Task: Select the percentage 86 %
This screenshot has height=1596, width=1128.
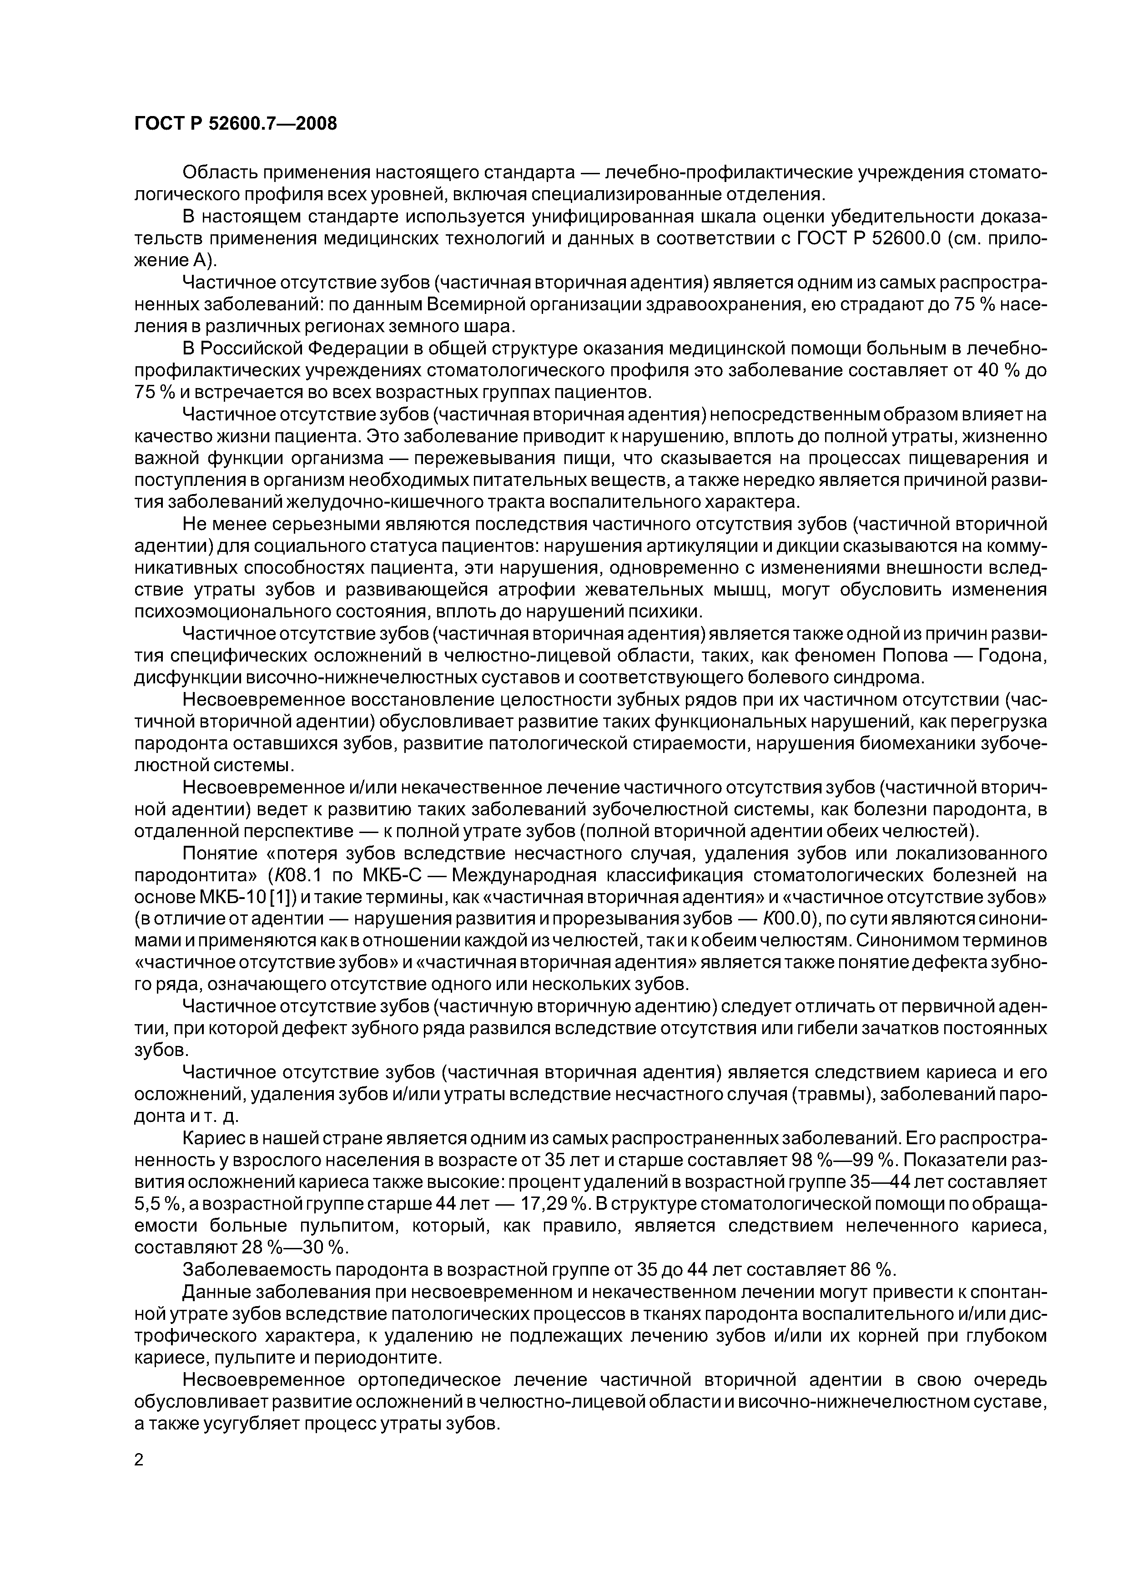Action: click(x=871, y=1269)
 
